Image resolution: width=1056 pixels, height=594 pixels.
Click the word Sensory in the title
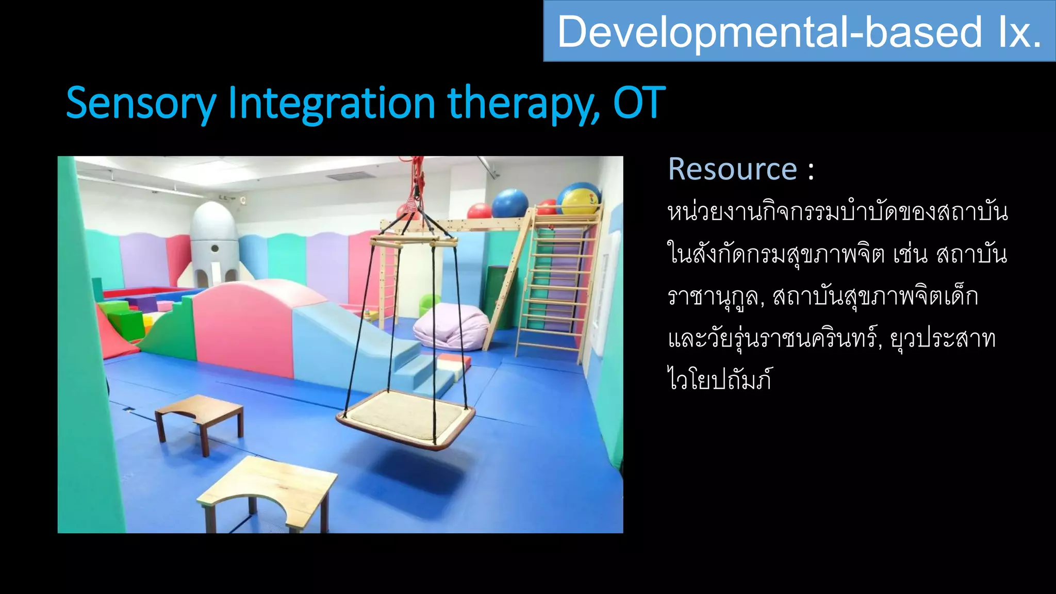coord(141,104)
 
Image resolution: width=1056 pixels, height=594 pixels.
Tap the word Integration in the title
coord(332,104)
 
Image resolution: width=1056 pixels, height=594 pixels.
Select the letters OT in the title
coord(639,103)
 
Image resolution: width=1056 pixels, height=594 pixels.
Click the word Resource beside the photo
coord(732,169)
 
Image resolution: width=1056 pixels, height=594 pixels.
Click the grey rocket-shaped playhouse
coord(214,242)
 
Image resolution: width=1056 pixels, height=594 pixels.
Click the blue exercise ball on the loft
coord(509,203)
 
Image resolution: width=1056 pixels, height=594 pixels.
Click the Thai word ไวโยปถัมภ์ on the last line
coord(720,381)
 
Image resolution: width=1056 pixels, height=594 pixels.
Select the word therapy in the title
coord(523,104)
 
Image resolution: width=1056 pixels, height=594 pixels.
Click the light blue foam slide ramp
coord(356,340)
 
